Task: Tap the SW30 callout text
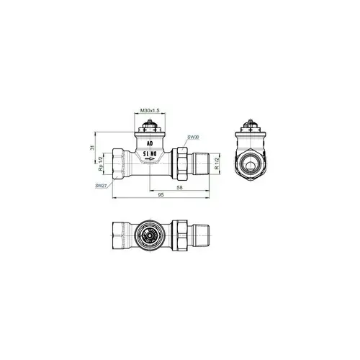[x=192, y=137]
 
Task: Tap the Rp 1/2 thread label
[x=102, y=166]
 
